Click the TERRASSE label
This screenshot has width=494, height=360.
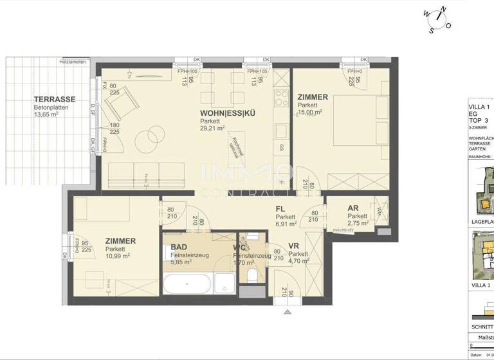pos(55,100)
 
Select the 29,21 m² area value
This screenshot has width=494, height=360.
pos(212,128)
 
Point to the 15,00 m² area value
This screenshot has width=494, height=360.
pos(311,113)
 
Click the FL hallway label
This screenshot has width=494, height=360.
pos(280,209)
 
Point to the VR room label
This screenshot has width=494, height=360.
pos(293,246)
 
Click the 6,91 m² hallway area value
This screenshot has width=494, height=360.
pos(286,224)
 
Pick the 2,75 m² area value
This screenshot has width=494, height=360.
pos(358,224)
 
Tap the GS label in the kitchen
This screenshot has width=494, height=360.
pos(281,147)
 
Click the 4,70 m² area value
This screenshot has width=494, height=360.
pos(298,262)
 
